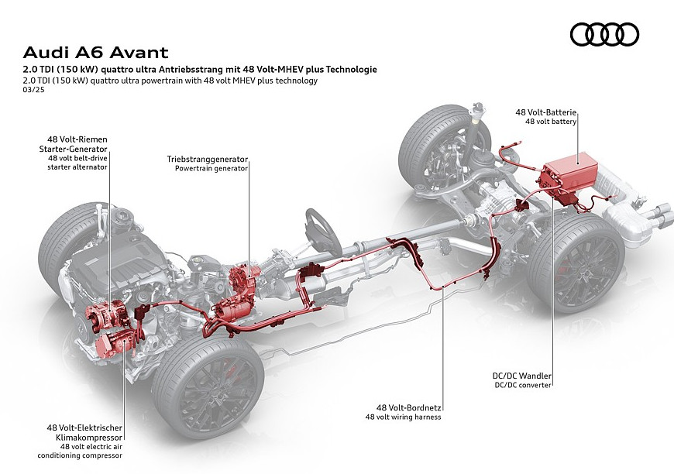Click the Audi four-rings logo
pos(604,34)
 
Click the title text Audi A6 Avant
pos(95,53)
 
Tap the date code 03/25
pos(33,90)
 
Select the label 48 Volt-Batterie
pos(545,112)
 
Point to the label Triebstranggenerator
pos(208,160)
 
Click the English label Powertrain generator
pos(211,169)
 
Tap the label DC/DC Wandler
pos(522,376)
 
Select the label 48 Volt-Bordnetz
pos(409,407)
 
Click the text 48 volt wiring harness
pos(403,417)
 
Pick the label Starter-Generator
pos(73,149)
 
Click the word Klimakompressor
pos(89,438)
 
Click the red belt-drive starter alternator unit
pos(106,313)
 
